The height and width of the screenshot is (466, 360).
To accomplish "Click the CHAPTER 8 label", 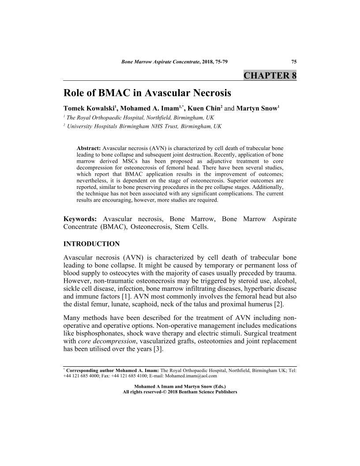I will [270, 75].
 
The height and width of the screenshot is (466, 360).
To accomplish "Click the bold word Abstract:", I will [89, 148].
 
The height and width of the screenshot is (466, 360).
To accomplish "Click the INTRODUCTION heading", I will [92, 244].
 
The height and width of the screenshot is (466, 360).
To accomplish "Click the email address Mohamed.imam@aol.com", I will [191, 376].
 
